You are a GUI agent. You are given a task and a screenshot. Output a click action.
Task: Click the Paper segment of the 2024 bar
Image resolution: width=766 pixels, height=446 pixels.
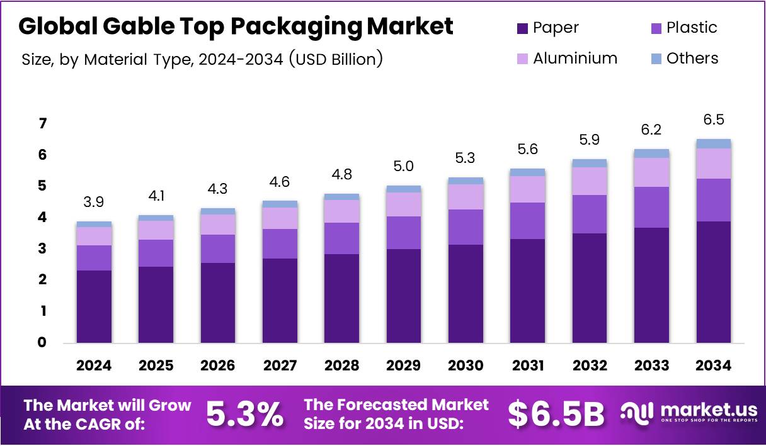coord(94,306)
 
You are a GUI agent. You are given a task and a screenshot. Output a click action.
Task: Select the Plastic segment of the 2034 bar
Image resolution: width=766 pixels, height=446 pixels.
coord(714,200)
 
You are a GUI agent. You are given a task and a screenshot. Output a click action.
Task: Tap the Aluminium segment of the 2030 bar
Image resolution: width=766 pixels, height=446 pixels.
coord(466,196)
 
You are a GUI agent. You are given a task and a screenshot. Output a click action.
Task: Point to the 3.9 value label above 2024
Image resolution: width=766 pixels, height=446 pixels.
coord(94,203)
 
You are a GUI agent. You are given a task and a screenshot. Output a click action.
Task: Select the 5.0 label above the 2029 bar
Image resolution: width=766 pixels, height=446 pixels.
coord(404,167)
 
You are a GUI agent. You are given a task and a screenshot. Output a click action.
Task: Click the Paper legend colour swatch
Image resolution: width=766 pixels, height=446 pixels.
coord(522,28)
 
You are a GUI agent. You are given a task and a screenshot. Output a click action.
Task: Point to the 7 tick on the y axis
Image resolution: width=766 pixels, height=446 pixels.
coord(43,123)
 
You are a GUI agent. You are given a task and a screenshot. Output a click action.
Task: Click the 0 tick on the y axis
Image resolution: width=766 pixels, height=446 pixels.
coord(43,343)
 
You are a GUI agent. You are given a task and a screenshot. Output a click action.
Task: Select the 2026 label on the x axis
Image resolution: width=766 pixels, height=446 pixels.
coord(218,365)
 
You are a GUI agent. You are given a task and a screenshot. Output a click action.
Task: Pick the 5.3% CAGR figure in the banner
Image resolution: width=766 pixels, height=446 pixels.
coord(245,414)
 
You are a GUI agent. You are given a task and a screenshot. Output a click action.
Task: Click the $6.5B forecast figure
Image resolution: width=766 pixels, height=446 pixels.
coord(556,414)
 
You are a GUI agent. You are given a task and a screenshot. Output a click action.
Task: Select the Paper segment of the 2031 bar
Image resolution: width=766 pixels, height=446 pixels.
coord(527,291)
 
